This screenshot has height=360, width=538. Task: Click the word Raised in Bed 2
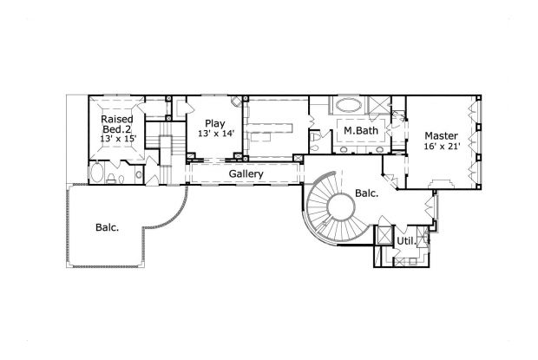pyautogui.click(x=116, y=119)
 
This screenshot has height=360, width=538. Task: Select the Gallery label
pyautogui.click(x=246, y=174)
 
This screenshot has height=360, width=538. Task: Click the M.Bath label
pyautogui.click(x=358, y=131)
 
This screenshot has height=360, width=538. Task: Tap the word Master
pyautogui.click(x=442, y=135)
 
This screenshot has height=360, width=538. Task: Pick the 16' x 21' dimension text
pyautogui.click(x=442, y=148)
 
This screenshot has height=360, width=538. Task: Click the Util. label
pyautogui.click(x=406, y=240)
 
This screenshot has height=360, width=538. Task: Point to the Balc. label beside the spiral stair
pyautogui.click(x=366, y=194)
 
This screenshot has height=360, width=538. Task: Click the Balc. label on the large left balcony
pyautogui.click(x=108, y=228)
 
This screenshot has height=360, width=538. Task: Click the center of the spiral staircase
pyautogui.click(x=339, y=208)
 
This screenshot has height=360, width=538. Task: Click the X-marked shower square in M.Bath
pyautogui.click(x=379, y=106)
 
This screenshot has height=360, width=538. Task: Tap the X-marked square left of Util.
pyautogui.click(x=383, y=236)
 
